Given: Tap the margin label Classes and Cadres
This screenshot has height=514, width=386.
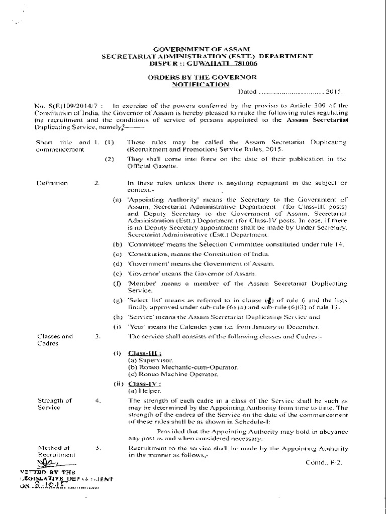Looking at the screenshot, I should [x=55, y=339].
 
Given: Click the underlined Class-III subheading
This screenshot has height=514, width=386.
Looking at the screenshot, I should [x=141, y=354].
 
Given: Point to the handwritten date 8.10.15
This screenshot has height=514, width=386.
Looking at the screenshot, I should [x=52, y=486].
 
